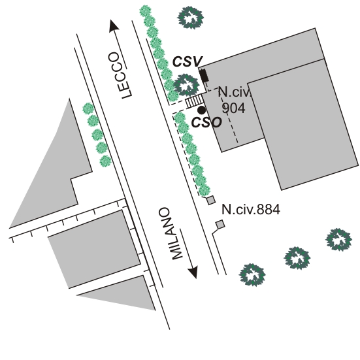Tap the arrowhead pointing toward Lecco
tap(114, 25)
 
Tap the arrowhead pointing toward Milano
tap(193, 272)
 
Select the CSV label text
tap(188, 61)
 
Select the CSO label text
tap(206, 122)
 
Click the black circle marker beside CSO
tap(202, 110)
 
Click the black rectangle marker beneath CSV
tap(204, 75)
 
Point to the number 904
tap(233, 108)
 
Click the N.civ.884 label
tap(251, 210)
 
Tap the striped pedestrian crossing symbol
tap(195, 101)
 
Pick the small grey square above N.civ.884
tap(211, 200)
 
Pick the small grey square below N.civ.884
tap(220, 225)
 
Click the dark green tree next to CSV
tap(186, 85)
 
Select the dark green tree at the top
tap(191, 18)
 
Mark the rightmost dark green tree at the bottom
tap(338, 240)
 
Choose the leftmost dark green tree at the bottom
tap(252, 275)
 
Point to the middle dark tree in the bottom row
tap(297, 258)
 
